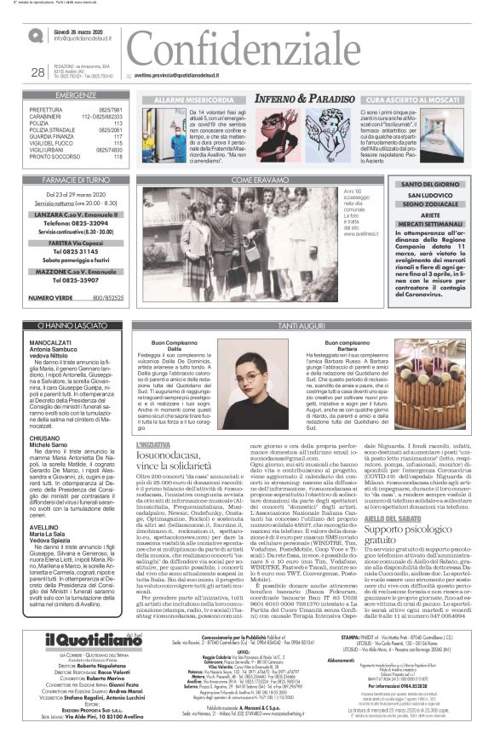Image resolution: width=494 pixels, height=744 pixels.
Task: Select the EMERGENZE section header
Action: (76, 96)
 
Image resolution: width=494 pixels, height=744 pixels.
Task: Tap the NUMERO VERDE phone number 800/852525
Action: (107, 298)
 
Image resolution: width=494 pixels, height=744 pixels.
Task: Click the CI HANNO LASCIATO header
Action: (76, 326)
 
